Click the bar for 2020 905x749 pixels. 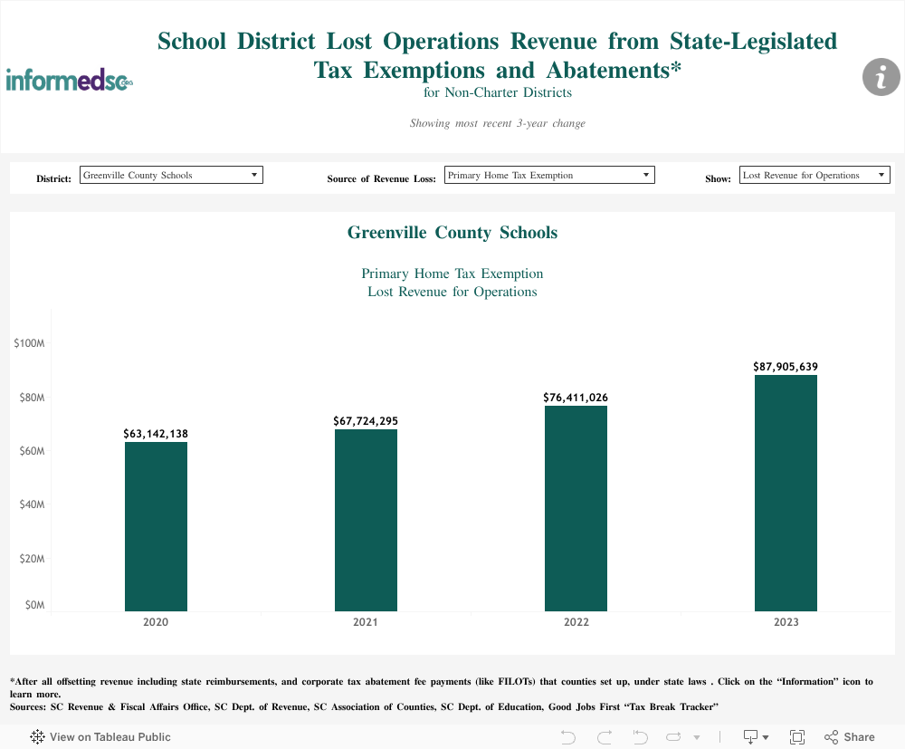156,525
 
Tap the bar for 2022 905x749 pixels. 576,507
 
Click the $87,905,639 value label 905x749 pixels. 786,367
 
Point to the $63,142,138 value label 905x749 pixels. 156,434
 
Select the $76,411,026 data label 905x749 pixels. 576,398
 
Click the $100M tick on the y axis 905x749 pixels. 30,344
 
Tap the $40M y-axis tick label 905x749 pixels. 32,504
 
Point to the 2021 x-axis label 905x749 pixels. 366,623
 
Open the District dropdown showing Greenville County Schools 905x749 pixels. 171,175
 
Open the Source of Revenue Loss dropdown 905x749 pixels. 549,175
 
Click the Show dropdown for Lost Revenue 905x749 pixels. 814,175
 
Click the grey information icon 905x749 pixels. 881,77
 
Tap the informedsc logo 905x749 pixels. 70,80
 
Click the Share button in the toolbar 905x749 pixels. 850,737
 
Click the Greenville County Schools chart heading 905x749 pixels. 452,233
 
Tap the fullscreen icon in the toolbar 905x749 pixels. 797,737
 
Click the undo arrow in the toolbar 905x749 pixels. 568,737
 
